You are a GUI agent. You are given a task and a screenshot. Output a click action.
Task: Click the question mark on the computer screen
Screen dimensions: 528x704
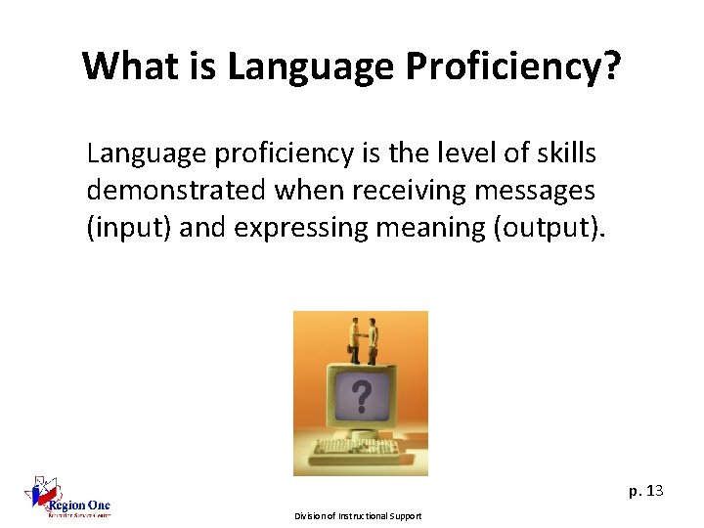pos(361,396)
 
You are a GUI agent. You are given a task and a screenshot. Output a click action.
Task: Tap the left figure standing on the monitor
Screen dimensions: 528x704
pos(351,337)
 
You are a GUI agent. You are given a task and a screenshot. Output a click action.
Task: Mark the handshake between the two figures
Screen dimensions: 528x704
pos(362,334)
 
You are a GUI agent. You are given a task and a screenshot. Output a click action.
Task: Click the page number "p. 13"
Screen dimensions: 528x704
pos(645,490)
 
